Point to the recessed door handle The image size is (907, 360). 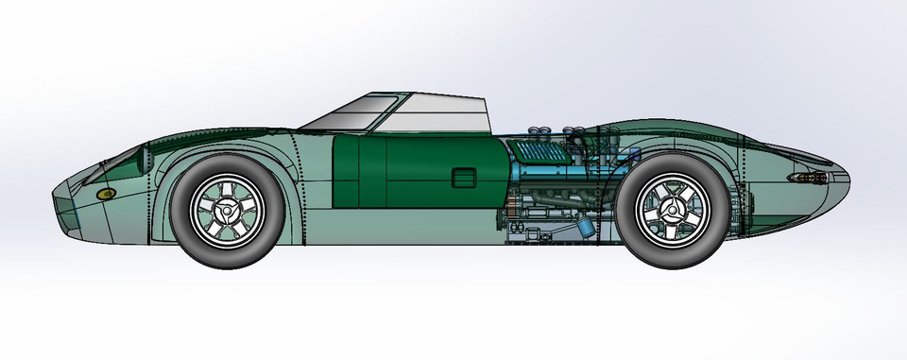click(464, 178)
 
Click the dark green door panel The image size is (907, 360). click(406, 170)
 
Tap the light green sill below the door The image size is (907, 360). click(406, 227)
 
